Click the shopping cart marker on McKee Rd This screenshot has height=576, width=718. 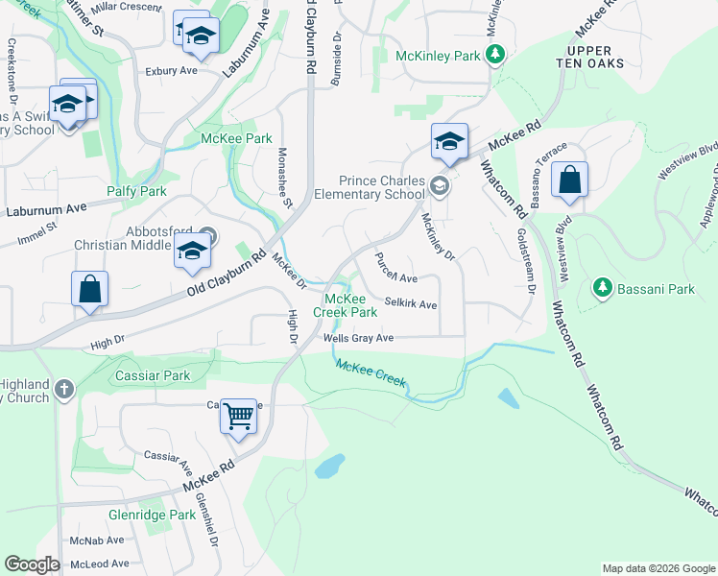click(238, 417)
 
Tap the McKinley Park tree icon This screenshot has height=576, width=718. click(495, 55)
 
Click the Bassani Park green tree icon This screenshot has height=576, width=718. click(603, 287)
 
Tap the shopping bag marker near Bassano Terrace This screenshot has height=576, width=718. click(569, 180)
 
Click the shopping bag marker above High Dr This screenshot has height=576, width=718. click(89, 289)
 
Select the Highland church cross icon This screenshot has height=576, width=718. click(64, 389)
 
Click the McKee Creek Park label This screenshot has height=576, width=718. click(347, 304)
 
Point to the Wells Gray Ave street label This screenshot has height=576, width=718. click(359, 338)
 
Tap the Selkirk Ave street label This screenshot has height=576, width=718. click(411, 304)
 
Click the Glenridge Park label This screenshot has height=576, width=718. click(164, 515)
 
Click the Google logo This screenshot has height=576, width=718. click(33, 564)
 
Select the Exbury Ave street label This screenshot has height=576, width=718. click(171, 70)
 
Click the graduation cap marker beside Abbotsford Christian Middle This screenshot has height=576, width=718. click(192, 252)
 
